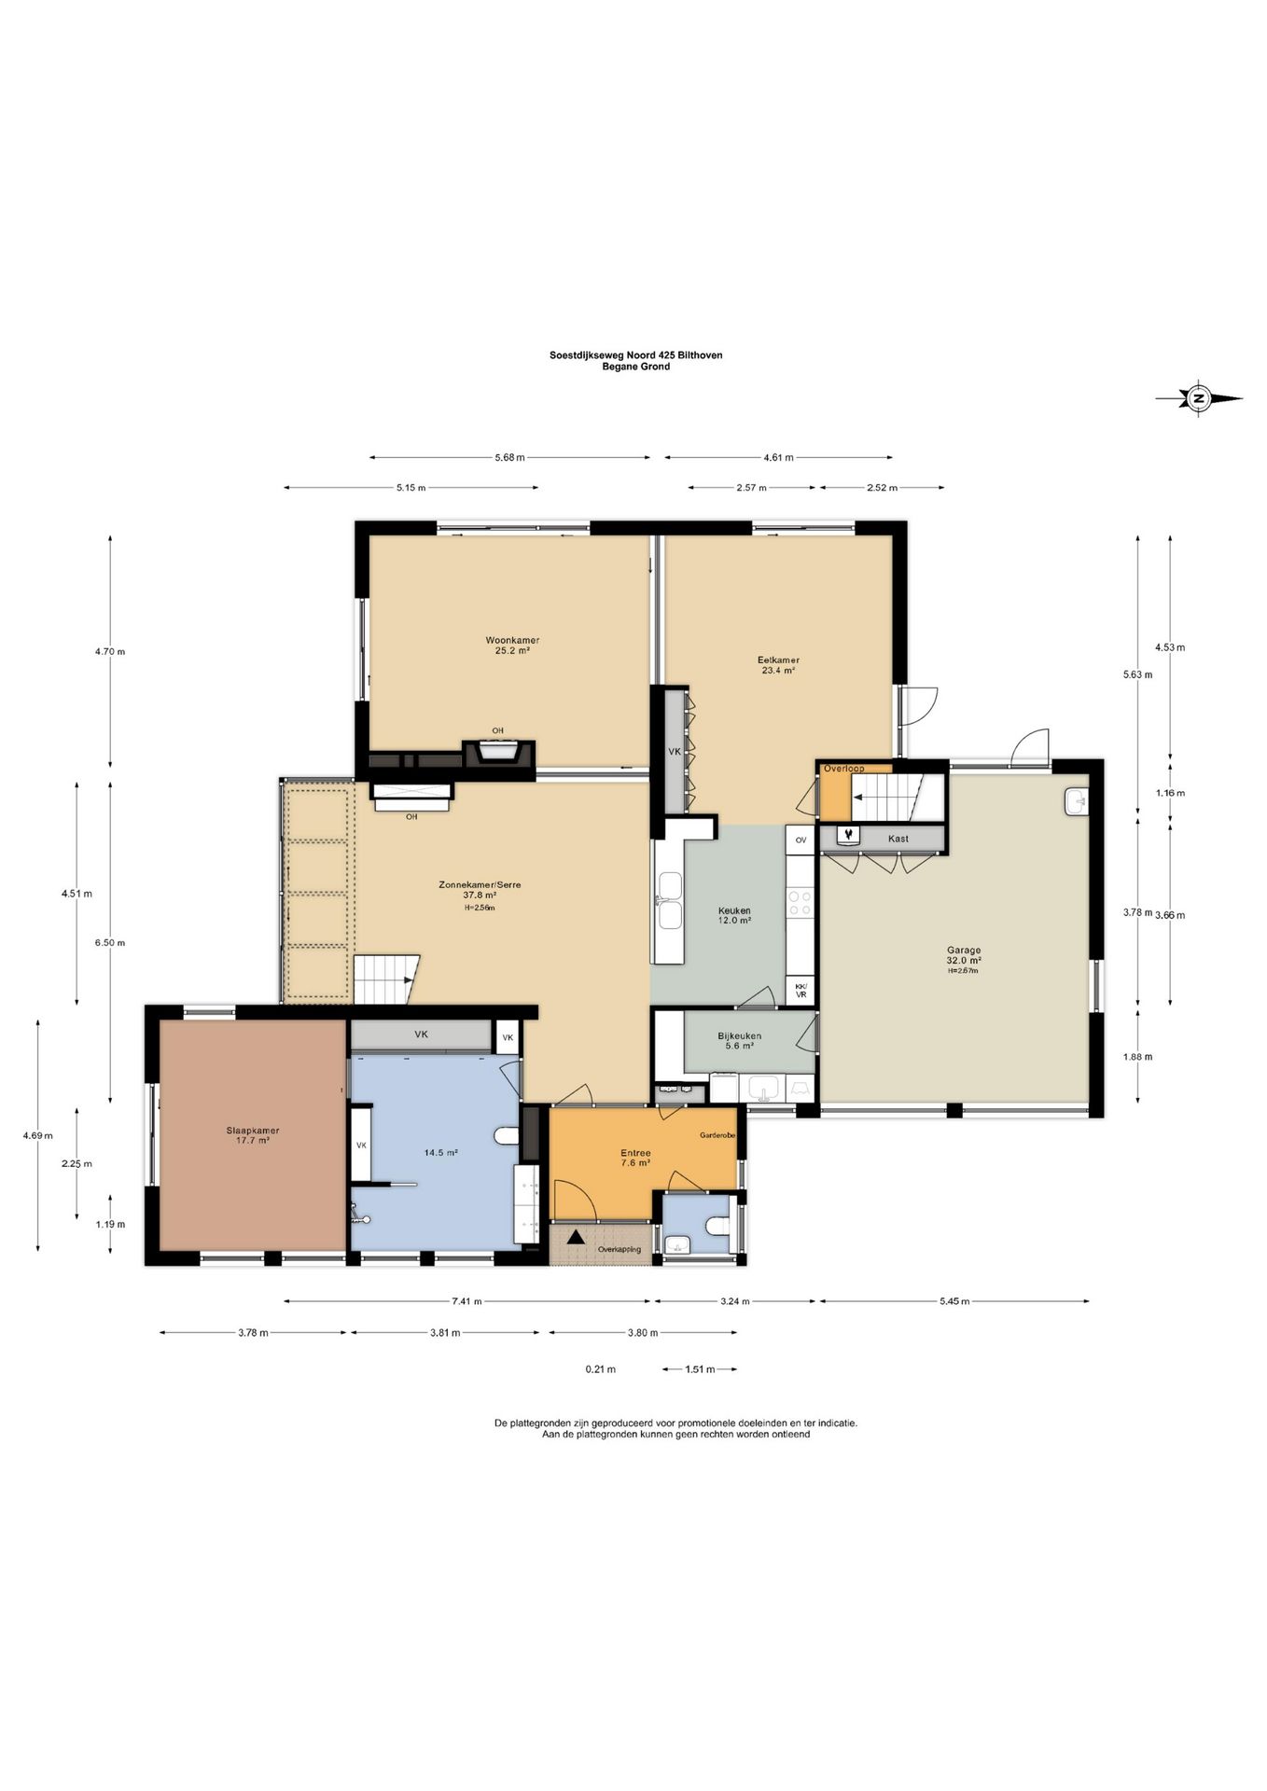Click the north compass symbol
click(1199, 398)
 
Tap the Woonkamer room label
click(512, 640)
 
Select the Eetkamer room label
click(778, 659)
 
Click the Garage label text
click(964, 951)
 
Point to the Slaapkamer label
click(253, 1131)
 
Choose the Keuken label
click(734, 910)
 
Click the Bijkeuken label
click(739, 1035)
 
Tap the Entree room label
click(635, 1153)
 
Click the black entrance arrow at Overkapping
click(576, 1237)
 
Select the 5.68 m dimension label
click(509, 457)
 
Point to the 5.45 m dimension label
click(954, 1301)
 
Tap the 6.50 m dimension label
click(109, 942)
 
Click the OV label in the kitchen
click(801, 840)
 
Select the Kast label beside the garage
click(898, 839)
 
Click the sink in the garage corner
click(1078, 801)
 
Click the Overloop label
click(843, 769)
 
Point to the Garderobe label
click(718, 1135)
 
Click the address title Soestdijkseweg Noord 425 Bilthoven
click(635, 354)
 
